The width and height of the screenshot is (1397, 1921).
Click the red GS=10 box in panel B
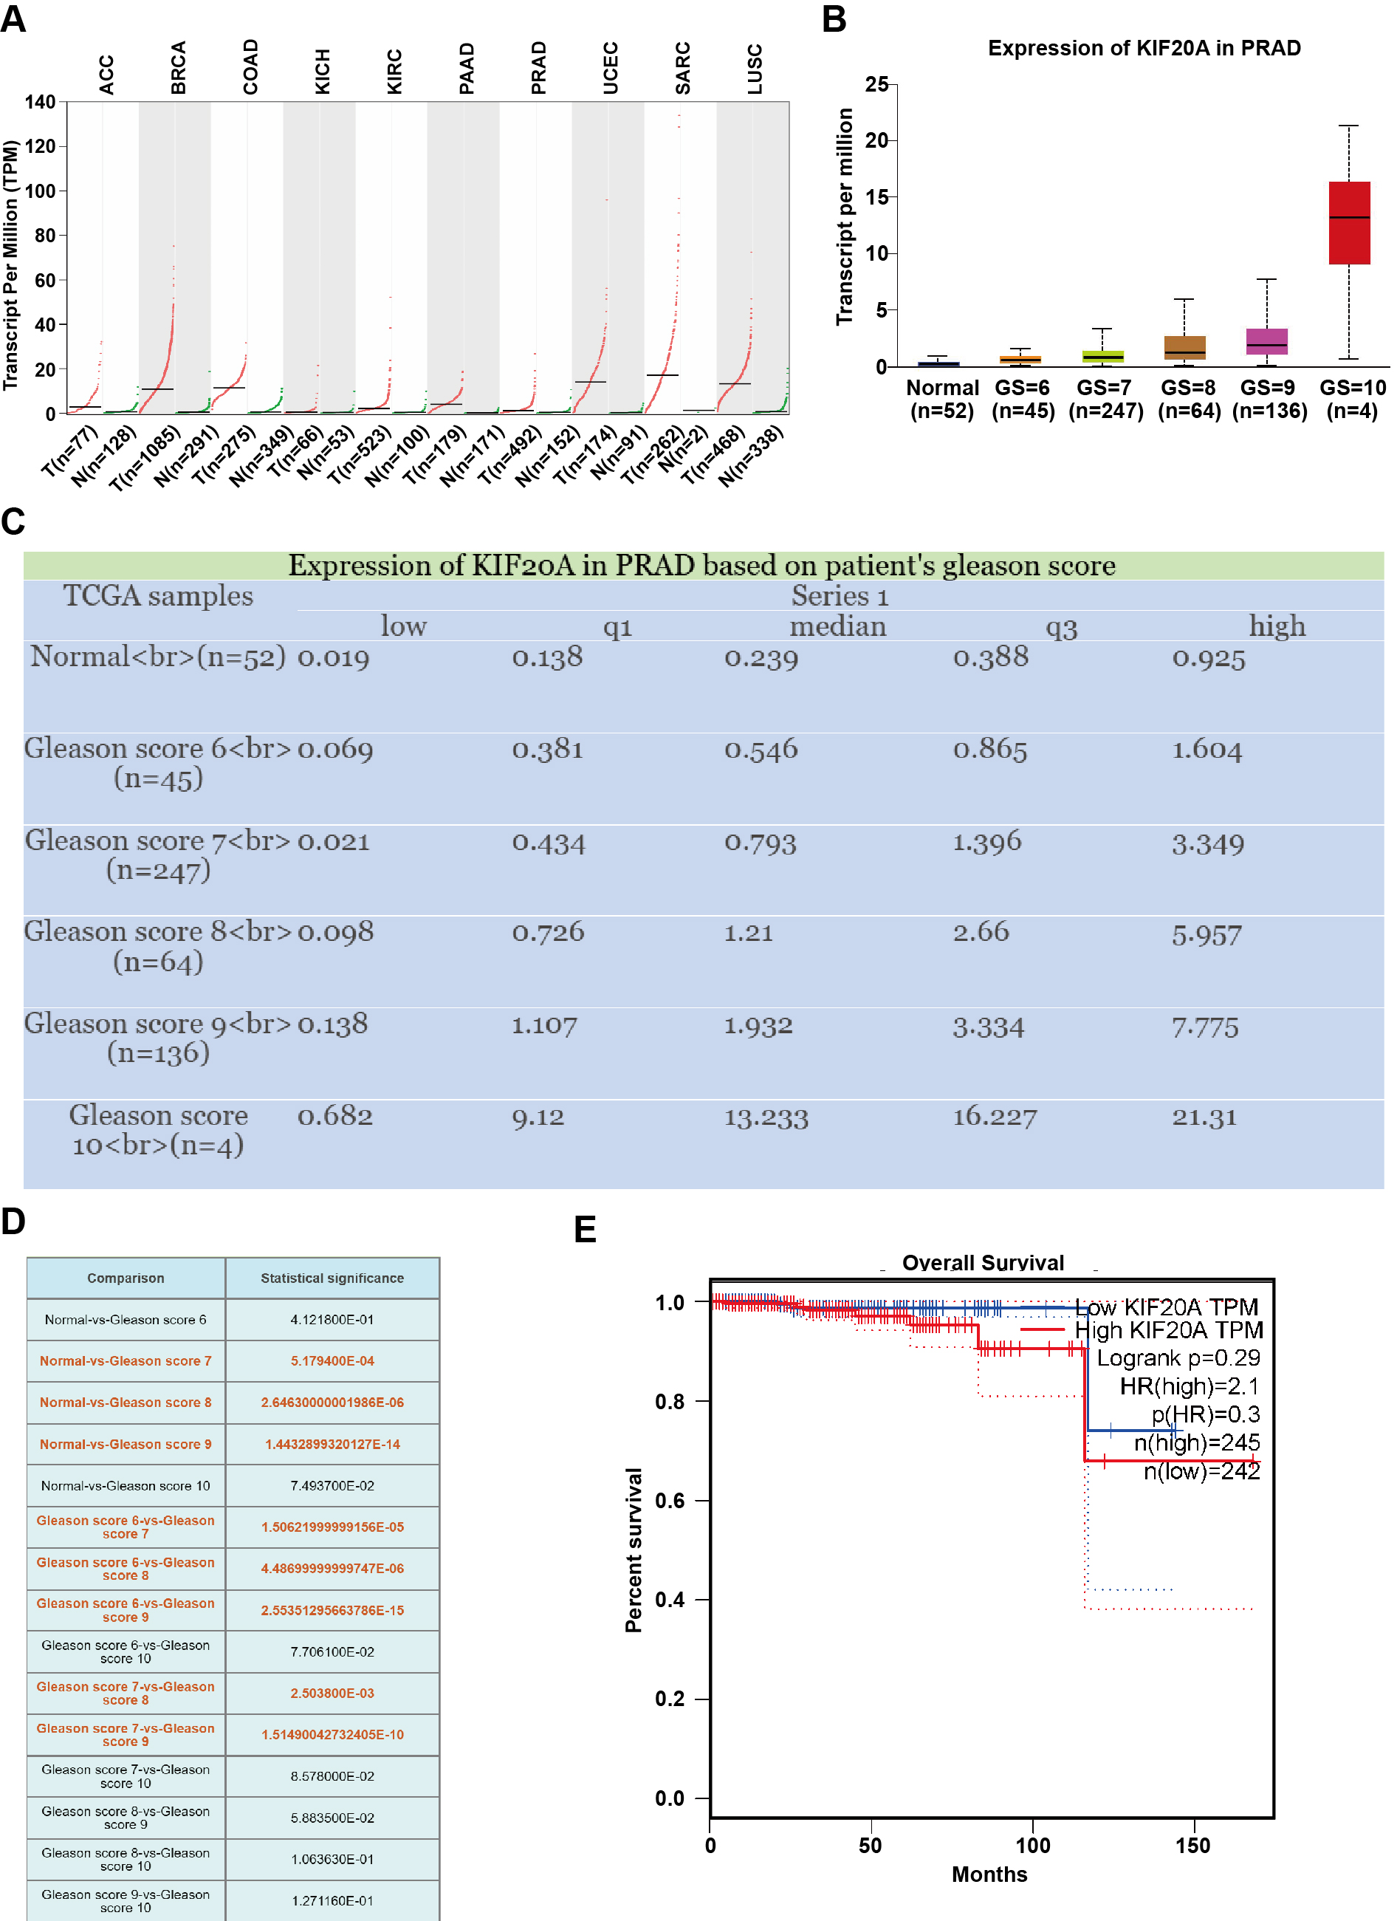click(x=1349, y=223)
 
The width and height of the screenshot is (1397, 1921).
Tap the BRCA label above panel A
click(x=178, y=68)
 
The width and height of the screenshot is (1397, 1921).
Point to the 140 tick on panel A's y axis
click(x=40, y=103)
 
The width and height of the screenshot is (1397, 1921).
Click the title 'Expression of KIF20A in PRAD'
click(x=1144, y=48)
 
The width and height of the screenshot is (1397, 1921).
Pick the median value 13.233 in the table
click(x=766, y=1118)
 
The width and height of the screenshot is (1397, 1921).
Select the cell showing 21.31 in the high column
click(x=1204, y=1117)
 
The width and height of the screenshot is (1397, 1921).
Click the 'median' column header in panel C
click(x=837, y=627)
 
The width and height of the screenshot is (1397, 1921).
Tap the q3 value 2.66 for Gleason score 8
click(x=981, y=933)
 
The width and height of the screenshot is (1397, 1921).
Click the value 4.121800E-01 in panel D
click(x=332, y=1320)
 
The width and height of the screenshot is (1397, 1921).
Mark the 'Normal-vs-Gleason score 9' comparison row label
click(x=126, y=1444)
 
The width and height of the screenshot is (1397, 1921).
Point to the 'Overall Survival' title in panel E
click(x=982, y=1263)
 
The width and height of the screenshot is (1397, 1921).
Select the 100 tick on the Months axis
click(x=1032, y=1845)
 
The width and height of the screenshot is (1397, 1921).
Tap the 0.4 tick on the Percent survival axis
click(x=670, y=1600)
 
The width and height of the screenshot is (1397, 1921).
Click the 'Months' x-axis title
click(x=989, y=1874)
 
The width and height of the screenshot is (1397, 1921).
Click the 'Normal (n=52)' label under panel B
click(x=941, y=399)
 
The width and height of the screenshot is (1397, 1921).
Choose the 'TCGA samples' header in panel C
click(x=158, y=596)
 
